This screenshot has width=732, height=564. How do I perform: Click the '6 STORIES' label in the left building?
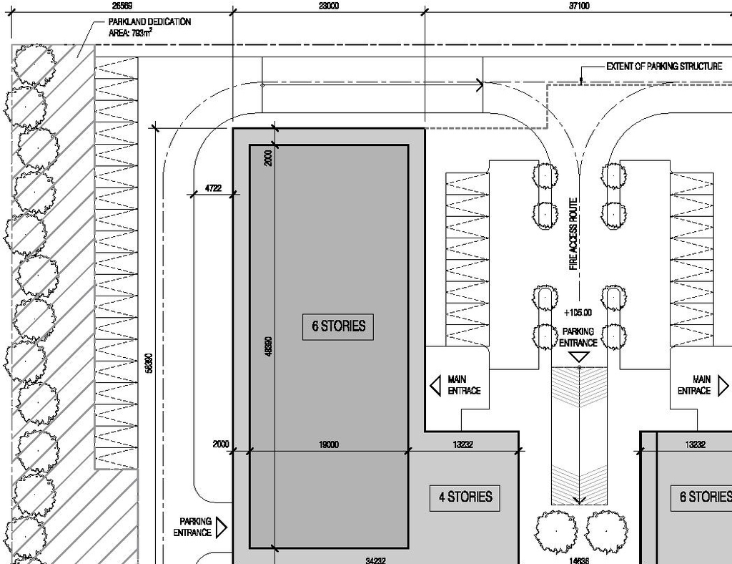point(338,326)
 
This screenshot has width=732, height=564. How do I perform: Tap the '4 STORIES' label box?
point(465,497)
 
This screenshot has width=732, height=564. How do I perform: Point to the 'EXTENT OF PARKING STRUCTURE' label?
point(664,67)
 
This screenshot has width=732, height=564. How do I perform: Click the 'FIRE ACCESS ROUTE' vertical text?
point(573,234)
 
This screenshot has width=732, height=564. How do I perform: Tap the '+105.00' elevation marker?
point(578,313)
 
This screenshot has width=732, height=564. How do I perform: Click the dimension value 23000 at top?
point(328,6)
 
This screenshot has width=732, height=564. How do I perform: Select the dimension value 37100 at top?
point(579,6)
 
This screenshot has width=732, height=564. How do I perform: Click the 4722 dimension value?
point(213,188)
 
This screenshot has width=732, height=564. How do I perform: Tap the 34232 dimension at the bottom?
point(375,560)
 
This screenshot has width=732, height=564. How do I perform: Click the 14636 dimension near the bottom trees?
point(578,560)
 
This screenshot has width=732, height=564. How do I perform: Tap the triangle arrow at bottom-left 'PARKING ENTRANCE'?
point(221,527)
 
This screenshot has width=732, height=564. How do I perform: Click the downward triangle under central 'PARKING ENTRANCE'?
point(579,356)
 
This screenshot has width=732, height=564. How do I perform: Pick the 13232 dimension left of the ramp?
point(463,445)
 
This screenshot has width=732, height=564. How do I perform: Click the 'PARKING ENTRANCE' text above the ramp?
point(578,337)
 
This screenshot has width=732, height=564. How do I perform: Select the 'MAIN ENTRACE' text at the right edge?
point(693,385)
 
